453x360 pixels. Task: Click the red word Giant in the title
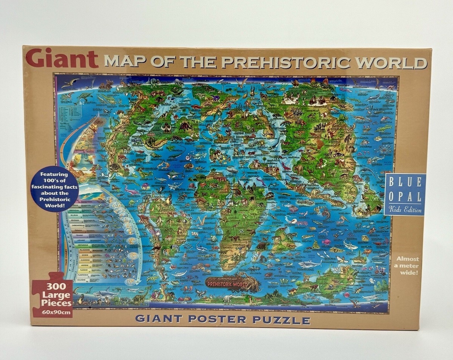62,58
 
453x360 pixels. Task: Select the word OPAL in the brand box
405,197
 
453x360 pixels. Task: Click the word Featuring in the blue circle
54,174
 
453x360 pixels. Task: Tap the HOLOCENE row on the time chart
81,280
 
